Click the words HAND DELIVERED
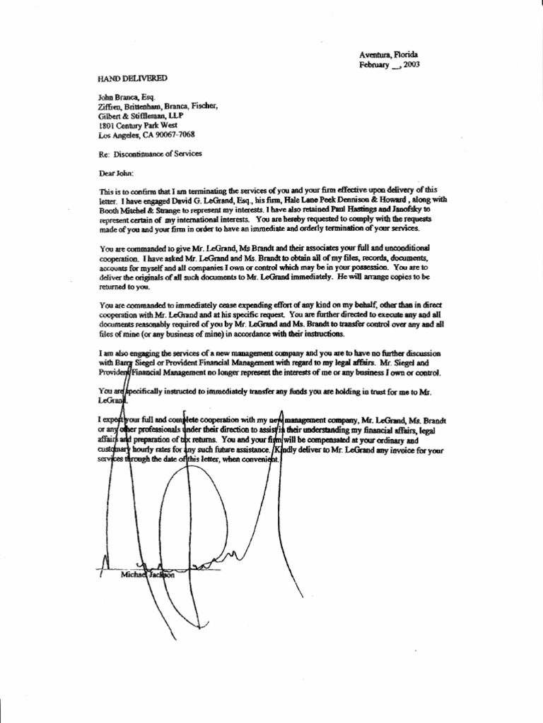(x=132, y=78)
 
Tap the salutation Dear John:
(x=116, y=172)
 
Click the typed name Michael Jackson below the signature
(x=138, y=575)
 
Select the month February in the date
(x=375, y=65)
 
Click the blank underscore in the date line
(x=396, y=66)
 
